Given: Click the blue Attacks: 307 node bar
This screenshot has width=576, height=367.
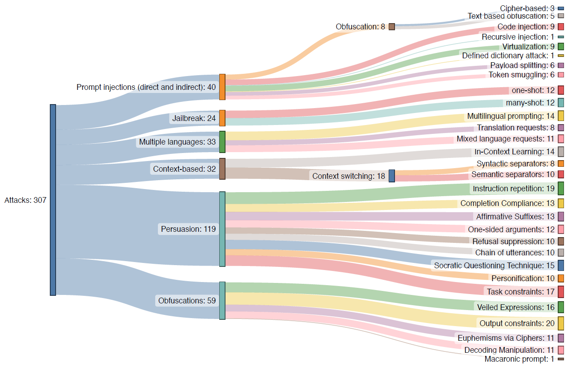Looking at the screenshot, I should point(53,200).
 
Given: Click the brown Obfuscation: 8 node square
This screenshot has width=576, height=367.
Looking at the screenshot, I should point(391,27).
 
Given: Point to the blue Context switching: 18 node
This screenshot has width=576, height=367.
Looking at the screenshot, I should point(391,176).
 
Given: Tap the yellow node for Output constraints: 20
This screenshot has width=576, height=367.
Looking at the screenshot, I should point(561,323).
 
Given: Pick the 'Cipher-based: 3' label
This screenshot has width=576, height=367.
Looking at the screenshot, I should point(527,8).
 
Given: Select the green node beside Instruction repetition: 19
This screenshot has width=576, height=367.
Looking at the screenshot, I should point(561,188).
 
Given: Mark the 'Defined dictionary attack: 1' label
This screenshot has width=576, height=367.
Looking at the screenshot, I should point(508,56).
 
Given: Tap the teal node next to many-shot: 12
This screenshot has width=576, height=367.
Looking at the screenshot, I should point(561,103).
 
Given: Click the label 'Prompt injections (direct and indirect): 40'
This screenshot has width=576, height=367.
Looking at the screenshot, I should point(146,87).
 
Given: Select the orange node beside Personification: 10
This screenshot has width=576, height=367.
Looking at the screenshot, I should point(561,278).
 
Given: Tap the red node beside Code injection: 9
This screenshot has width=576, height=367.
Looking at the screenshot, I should point(561,27).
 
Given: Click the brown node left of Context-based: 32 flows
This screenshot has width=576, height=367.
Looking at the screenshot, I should point(222,169).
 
